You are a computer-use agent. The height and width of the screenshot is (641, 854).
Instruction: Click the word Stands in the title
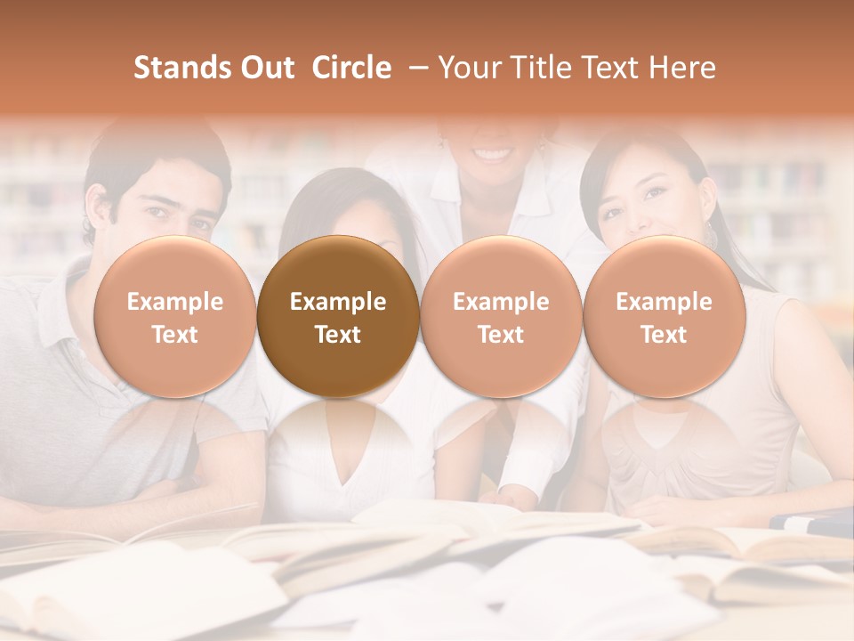coord(175,68)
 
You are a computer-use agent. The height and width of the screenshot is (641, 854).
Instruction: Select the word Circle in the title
coord(351,68)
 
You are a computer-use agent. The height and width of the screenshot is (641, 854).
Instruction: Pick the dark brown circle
coord(338,317)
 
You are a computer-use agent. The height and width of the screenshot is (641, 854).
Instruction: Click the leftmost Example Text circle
coord(174,317)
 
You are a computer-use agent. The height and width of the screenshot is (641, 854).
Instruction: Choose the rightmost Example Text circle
coord(664,317)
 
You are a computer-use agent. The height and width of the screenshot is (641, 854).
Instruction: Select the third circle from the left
coord(501,317)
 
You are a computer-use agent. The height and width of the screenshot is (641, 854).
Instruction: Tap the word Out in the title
coord(266,68)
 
